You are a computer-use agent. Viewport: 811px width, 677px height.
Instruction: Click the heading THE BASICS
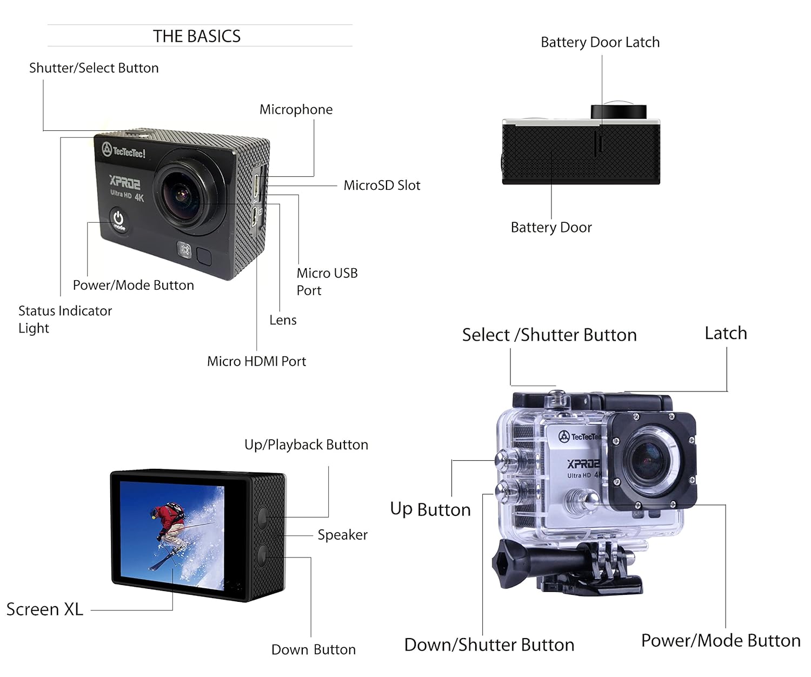point(197,36)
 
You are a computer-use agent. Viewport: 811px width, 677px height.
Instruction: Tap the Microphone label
point(296,110)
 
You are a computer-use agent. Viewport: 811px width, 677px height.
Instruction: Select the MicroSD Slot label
point(382,185)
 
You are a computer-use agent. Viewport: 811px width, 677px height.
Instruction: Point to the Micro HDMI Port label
point(256,361)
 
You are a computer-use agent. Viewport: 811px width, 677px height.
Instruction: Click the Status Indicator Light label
point(65,319)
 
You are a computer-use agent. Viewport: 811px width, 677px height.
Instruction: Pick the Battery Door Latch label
point(600,42)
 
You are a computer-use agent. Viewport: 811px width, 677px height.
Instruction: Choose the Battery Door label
point(551,227)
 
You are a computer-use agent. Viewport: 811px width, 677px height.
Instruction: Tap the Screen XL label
point(45,609)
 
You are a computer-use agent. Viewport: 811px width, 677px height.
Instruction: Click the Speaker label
point(342,535)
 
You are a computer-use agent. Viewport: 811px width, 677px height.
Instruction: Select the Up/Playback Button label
point(306,444)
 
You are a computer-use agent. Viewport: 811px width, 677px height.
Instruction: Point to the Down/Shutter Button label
point(489,645)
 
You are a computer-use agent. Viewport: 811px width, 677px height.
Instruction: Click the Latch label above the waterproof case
point(726,333)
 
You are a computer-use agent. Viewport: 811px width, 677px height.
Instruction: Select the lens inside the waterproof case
point(648,460)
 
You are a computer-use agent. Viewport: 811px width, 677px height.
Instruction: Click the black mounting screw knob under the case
point(506,562)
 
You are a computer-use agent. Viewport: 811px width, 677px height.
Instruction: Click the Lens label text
point(283,320)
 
